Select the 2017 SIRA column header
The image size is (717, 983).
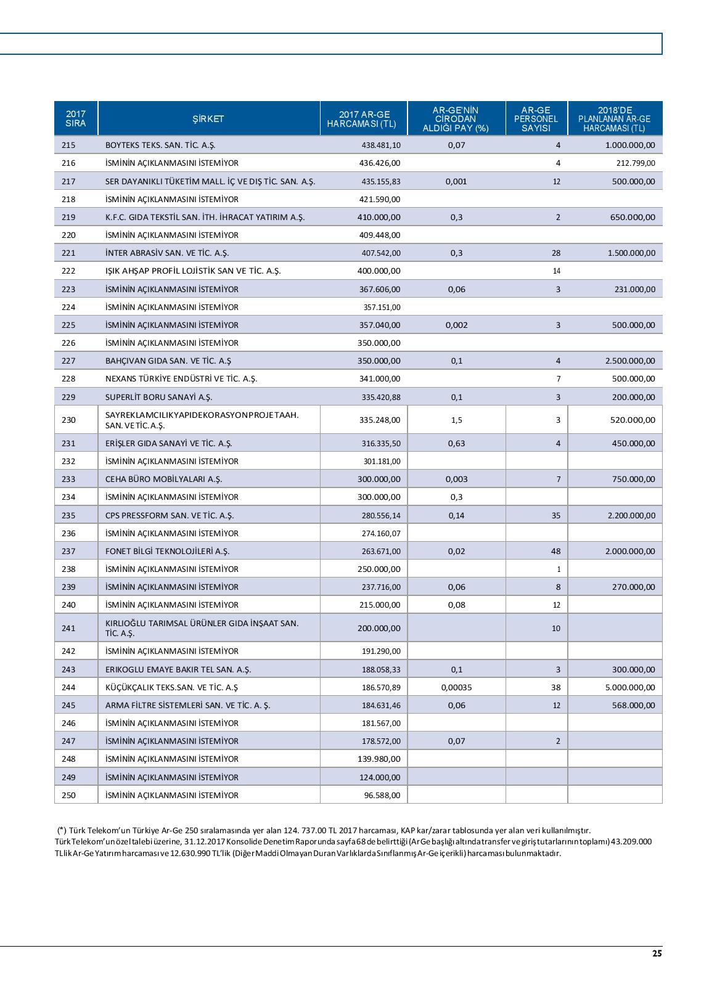pyautogui.click(x=76, y=119)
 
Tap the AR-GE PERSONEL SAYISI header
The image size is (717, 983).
pyautogui.click(x=536, y=119)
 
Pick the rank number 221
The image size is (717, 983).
pyautogui.click(x=68, y=253)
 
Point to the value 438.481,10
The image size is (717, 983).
pyautogui.click(x=380, y=145)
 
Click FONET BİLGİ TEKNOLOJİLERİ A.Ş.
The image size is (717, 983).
pyautogui.click(x=167, y=552)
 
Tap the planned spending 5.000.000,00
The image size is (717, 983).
pyautogui.click(x=631, y=688)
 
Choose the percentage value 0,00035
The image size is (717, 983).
pyautogui.click(x=457, y=688)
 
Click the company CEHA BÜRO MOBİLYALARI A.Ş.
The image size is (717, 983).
pyautogui.click(x=163, y=479)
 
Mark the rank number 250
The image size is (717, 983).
pyautogui.click(x=68, y=796)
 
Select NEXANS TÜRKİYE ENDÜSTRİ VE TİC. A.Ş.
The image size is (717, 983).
pyautogui.click(x=181, y=379)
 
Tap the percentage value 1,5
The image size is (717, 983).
pyautogui.click(x=457, y=420)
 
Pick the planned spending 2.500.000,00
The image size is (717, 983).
pyautogui.click(x=631, y=361)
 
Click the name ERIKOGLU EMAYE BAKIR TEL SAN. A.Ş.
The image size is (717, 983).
pyautogui.click(x=178, y=670)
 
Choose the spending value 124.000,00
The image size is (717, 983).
pyautogui.click(x=380, y=778)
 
